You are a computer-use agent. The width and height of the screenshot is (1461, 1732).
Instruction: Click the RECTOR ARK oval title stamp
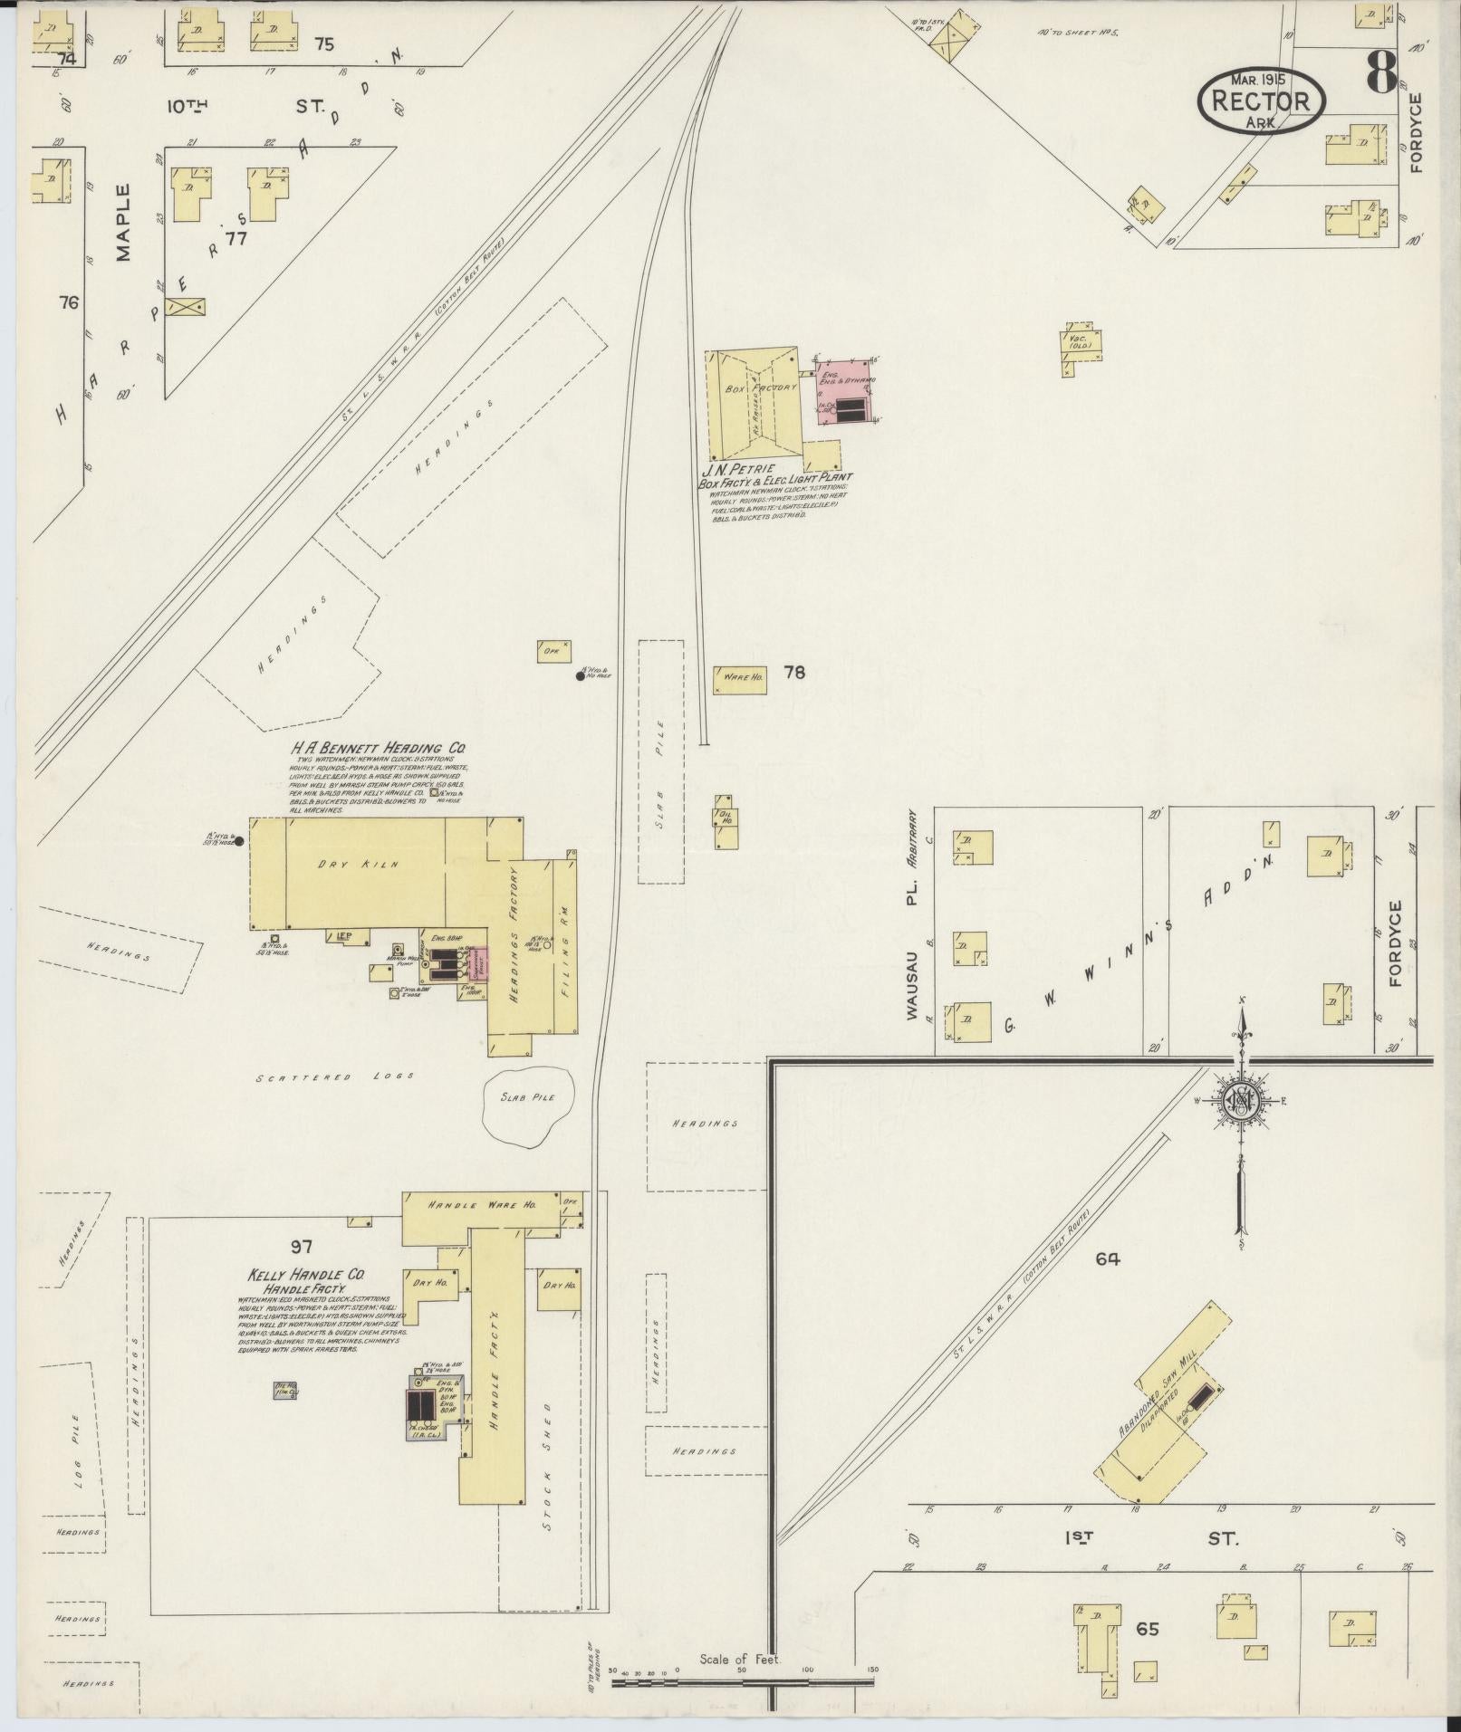point(1261,100)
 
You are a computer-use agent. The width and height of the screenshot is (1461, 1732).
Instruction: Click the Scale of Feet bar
point(743,1682)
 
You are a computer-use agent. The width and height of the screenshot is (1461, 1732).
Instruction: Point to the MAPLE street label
point(123,223)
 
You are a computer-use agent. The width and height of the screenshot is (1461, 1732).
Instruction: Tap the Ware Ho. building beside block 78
point(743,678)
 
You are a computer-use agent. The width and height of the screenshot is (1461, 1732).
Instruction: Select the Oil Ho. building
point(726,820)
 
